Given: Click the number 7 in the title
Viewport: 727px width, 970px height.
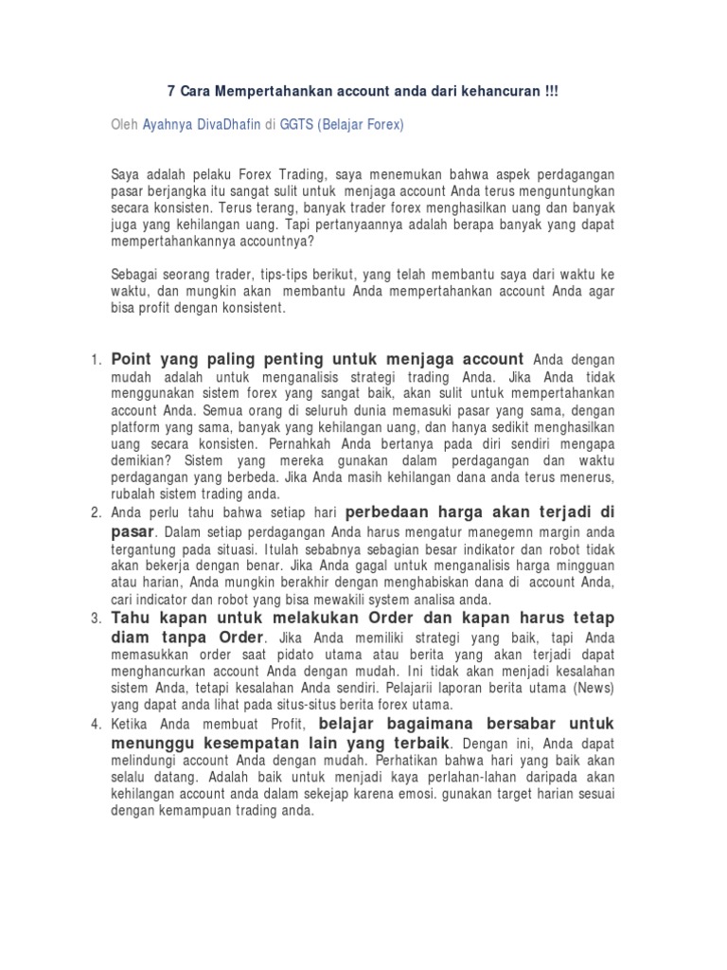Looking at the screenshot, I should (171, 92).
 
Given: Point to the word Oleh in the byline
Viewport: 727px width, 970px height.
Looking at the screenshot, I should (124, 125).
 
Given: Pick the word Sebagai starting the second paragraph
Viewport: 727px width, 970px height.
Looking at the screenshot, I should (135, 276).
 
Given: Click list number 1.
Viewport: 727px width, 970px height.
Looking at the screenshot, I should (96, 361).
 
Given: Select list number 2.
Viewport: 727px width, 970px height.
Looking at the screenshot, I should (96, 512).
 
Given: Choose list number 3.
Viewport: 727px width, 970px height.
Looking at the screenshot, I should (96, 619).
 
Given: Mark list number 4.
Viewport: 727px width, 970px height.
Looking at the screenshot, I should (96, 725).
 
